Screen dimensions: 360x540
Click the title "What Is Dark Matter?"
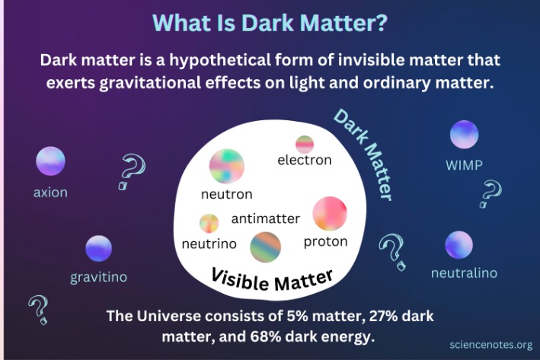click(270, 21)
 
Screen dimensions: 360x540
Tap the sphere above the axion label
click(50, 161)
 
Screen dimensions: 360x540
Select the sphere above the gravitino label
click(98, 248)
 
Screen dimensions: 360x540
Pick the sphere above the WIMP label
click(464, 134)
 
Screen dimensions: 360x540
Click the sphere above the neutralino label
click(459, 245)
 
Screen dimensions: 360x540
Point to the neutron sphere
click(226, 165)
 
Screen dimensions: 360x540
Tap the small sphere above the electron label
click(305, 144)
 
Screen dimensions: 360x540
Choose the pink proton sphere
click(330, 214)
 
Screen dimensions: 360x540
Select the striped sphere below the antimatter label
click(266, 247)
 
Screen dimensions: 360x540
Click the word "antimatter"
click(266, 219)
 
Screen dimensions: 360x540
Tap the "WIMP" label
click(464, 164)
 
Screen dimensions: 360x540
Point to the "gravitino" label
click(99, 277)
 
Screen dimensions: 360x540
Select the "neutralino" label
click(464, 272)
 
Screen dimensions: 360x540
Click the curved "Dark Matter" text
click(364, 153)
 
